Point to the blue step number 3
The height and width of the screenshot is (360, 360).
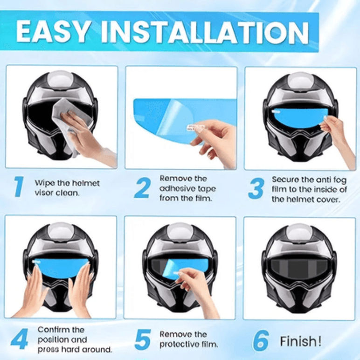click(256, 188)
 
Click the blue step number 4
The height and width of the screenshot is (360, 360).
click(19, 339)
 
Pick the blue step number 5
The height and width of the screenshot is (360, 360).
click(143, 340)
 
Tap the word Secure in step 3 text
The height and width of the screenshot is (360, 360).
click(285, 179)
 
